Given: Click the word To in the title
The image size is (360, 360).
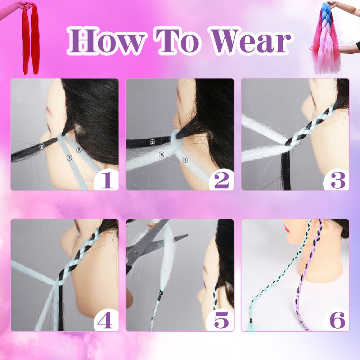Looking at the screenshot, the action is click(178, 41).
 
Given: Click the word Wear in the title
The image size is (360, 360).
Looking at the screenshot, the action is click(251, 41).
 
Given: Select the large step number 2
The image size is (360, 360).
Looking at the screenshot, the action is click(222, 180).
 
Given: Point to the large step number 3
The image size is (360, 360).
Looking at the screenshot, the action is click(338, 180).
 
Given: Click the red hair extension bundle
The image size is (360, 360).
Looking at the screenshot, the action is click(31, 39).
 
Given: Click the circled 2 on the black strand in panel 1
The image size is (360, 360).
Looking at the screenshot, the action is click(41, 146).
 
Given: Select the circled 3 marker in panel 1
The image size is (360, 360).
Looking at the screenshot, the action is click(79, 150).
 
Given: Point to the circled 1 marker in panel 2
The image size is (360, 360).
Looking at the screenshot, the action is click(185, 159).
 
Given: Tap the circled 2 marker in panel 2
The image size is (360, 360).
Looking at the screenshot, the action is click(153, 142).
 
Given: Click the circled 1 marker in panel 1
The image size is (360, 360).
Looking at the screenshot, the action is click(69, 158).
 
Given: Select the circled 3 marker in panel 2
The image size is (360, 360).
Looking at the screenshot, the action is click(162, 154).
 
